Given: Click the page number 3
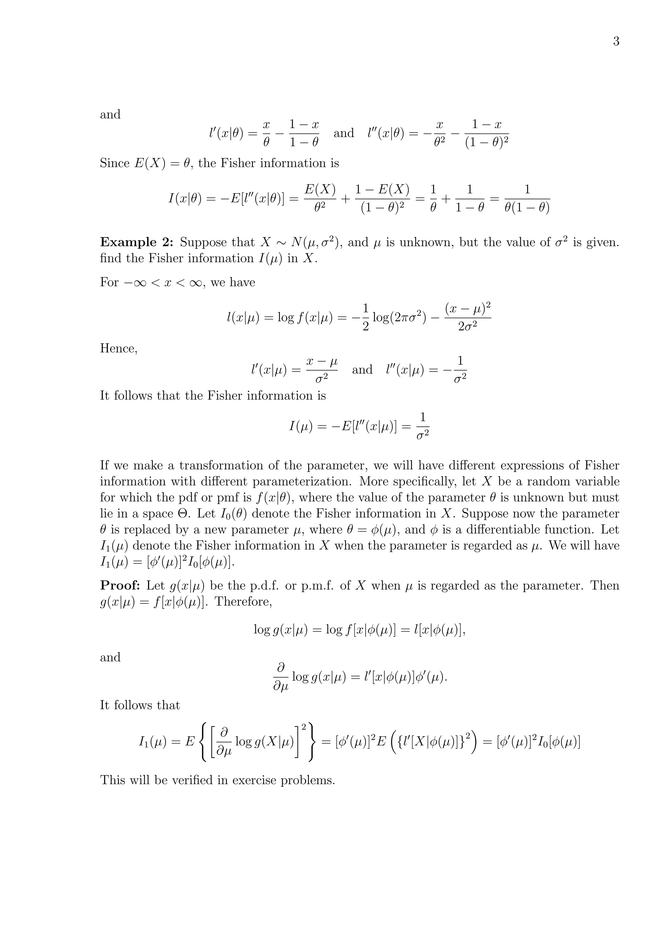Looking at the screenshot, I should [x=616, y=42].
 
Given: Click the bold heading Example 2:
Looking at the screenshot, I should [x=137, y=243].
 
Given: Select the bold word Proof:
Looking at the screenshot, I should [x=120, y=586].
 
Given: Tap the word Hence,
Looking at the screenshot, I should [x=119, y=349].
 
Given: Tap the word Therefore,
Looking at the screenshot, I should [x=243, y=601].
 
